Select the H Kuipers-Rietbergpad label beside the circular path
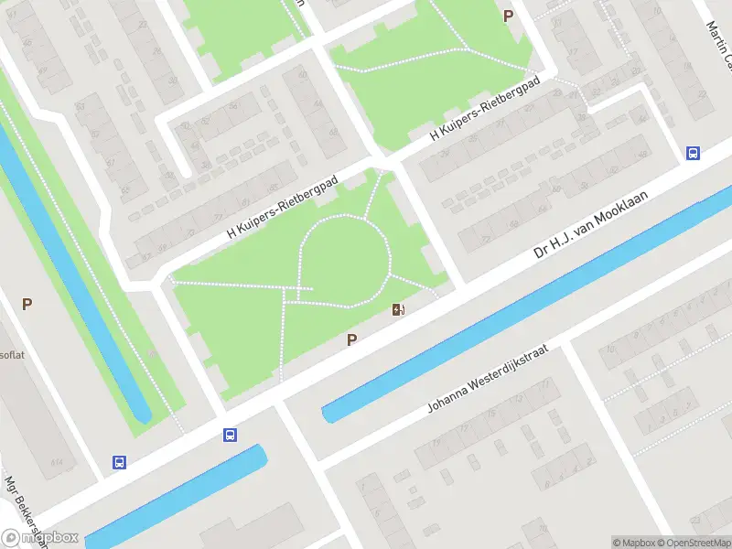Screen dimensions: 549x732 pyautogui.click(x=283, y=209)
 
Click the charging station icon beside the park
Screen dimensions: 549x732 pyautogui.click(x=398, y=309)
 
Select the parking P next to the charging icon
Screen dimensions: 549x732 pyautogui.click(x=351, y=340)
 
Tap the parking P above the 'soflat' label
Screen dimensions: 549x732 pyautogui.click(x=27, y=304)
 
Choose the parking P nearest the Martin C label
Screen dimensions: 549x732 pyautogui.click(x=508, y=16)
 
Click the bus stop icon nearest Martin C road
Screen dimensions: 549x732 pyautogui.click(x=694, y=154)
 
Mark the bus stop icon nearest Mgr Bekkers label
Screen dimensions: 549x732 pyautogui.click(x=119, y=462)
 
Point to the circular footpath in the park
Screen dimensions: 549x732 pyautogui.click(x=344, y=219)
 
